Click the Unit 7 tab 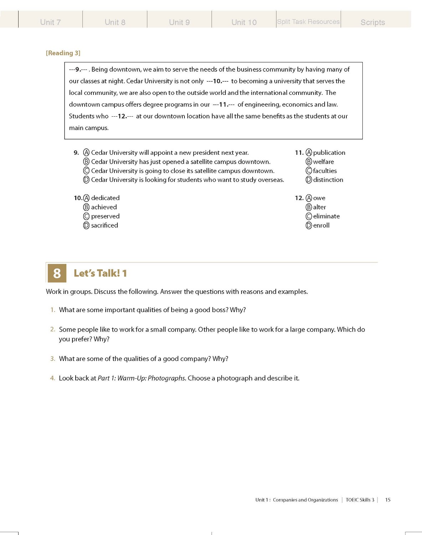(50, 22)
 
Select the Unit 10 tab (244, 22)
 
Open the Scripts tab (373, 22)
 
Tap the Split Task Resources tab (308, 22)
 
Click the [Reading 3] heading (63, 53)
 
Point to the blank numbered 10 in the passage (217, 81)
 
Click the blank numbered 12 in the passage (122, 116)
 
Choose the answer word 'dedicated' (105, 198)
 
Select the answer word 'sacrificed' (105, 225)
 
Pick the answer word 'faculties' (325, 171)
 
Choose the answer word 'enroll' (321, 225)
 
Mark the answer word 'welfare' (324, 162)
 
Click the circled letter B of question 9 (86, 162)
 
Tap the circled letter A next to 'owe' (309, 198)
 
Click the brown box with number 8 (57, 273)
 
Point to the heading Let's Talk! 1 (100, 273)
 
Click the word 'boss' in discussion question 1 (219, 310)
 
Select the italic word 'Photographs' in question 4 (167, 378)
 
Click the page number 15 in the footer (388, 500)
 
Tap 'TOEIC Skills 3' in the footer (360, 500)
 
